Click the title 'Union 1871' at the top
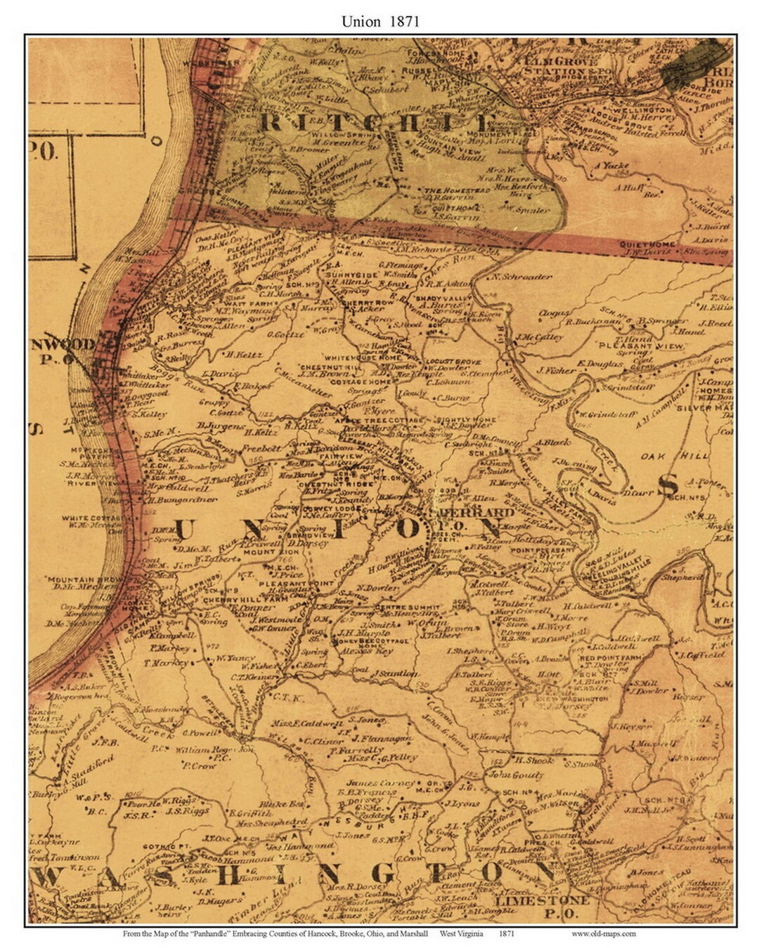click(380, 21)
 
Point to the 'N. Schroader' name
click(523, 277)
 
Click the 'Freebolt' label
click(261, 447)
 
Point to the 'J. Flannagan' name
click(381, 738)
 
